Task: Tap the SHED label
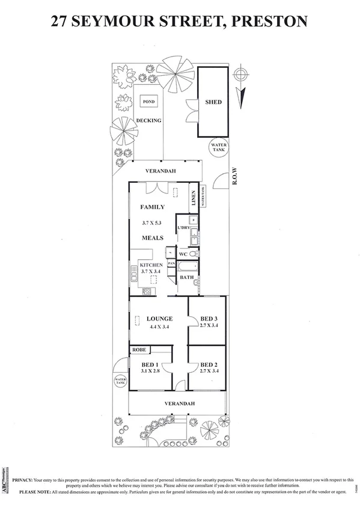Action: pyautogui.click(x=213, y=102)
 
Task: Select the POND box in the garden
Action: pyautogui.click(x=148, y=102)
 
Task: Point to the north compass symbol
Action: pyautogui.click(x=240, y=75)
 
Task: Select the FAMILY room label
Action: pyautogui.click(x=153, y=207)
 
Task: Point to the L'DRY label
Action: pyautogui.click(x=183, y=227)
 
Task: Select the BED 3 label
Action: pyautogui.click(x=208, y=318)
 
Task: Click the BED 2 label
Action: pyautogui.click(x=208, y=365)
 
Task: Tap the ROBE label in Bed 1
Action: pyautogui.click(x=139, y=349)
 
